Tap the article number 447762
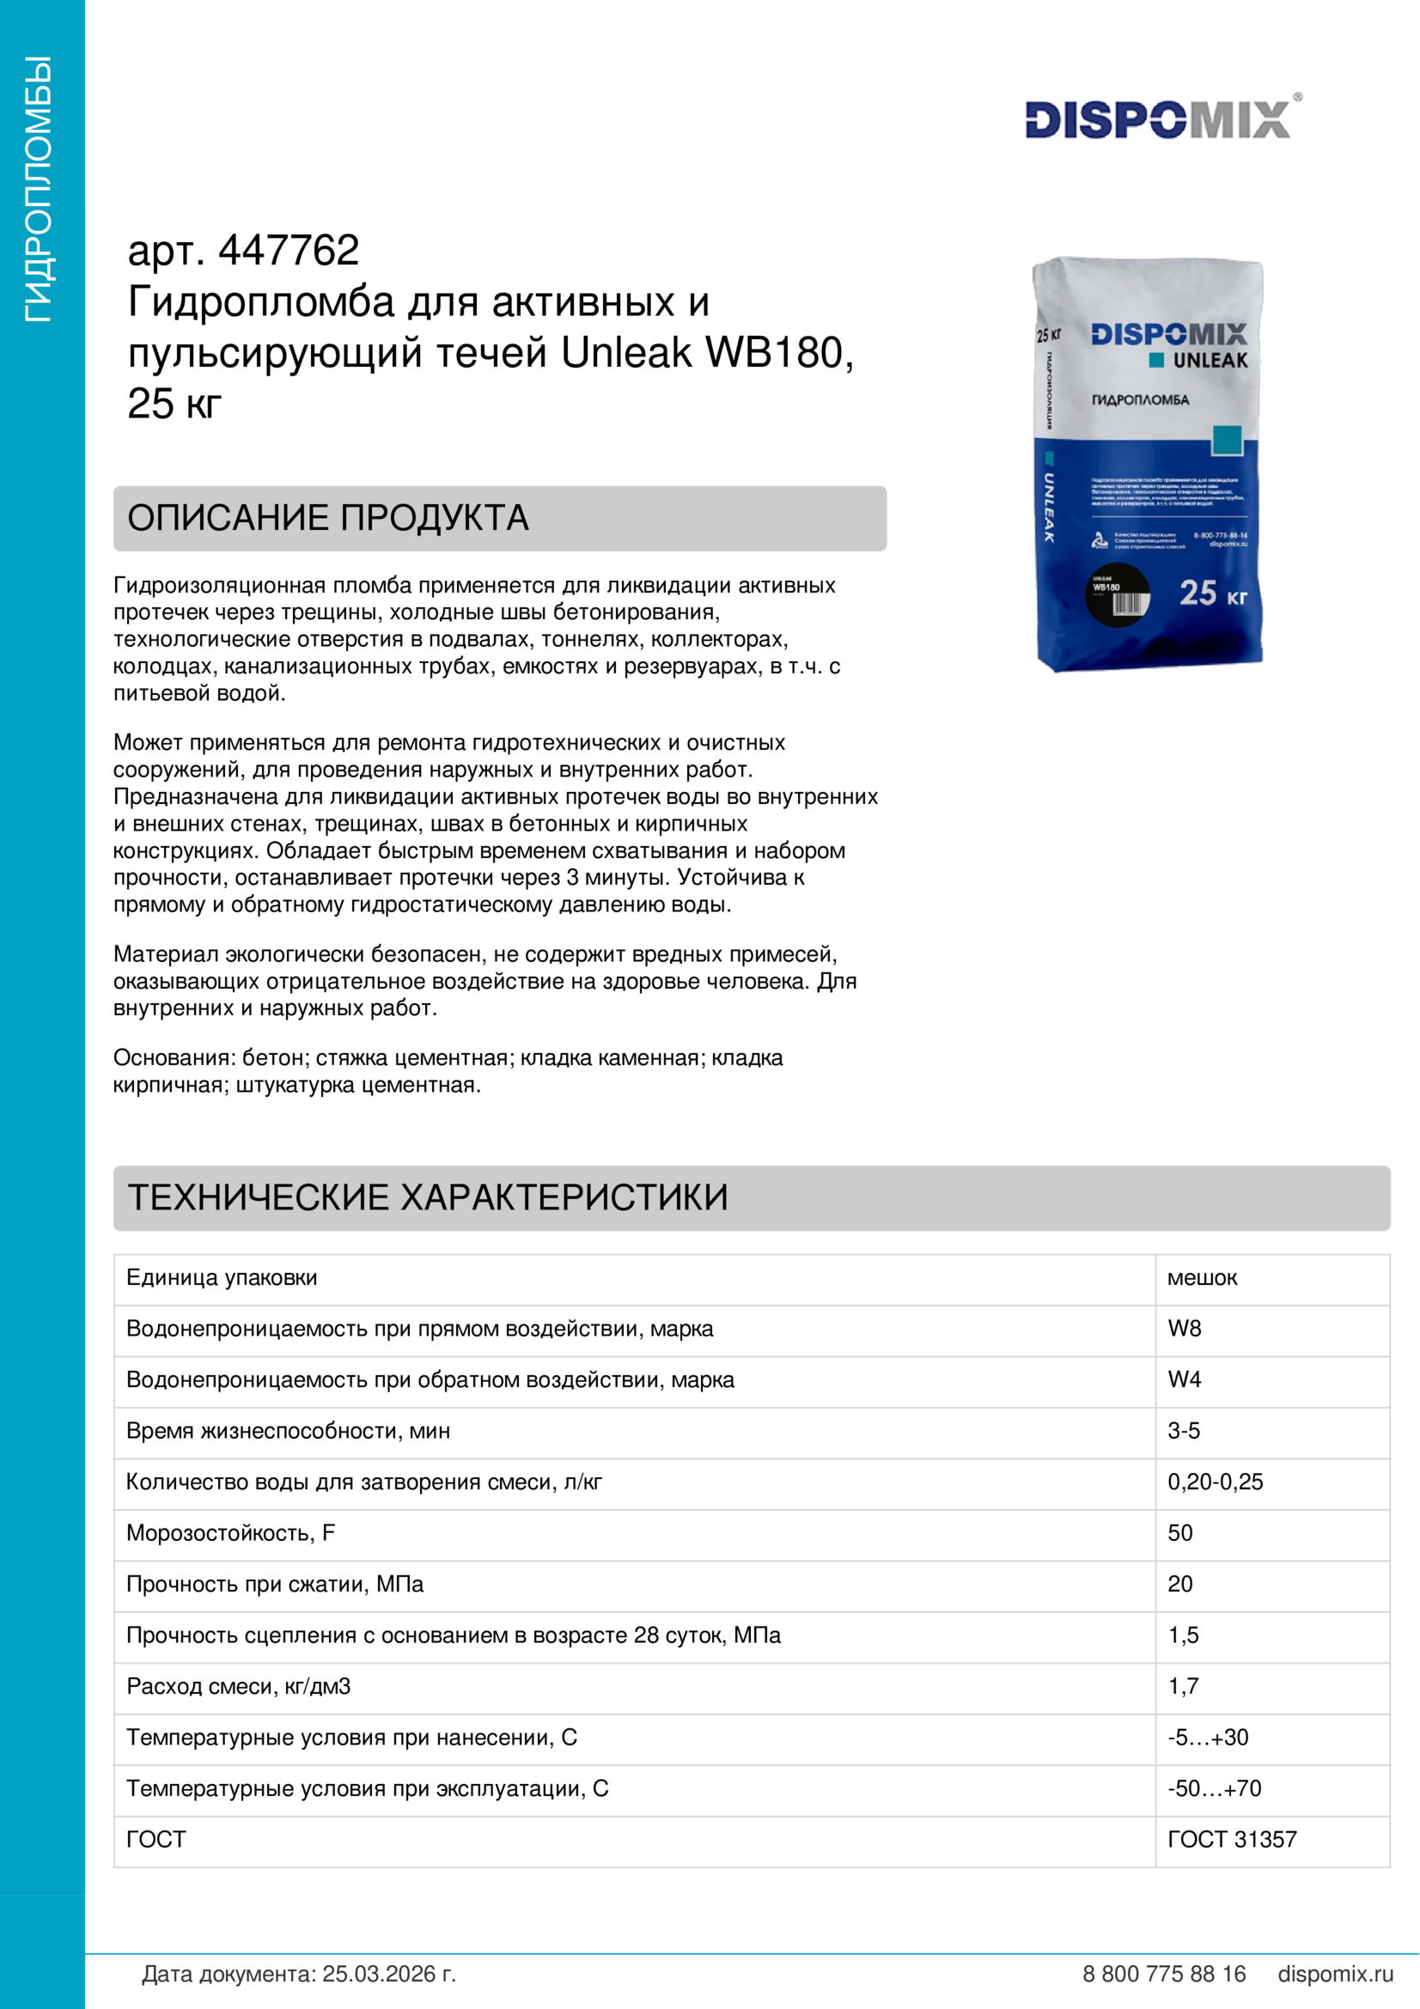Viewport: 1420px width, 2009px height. [x=289, y=251]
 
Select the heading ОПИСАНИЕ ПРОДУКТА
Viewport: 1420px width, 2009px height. [x=328, y=518]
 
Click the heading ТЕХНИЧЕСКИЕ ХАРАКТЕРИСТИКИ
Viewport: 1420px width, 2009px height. [x=428, y=1197]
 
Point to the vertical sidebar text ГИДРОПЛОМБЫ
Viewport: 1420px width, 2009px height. [x=39, y=189]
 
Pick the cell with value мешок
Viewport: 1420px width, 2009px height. [x=1201, y=1277]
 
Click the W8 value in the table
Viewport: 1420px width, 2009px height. [x=1184, y=1328]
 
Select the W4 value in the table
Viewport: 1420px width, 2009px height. [x=1184, y=1379]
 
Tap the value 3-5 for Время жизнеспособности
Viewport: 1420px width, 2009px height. [x=1183, y=1431]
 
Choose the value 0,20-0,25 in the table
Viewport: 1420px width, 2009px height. [x=1215, y=1482]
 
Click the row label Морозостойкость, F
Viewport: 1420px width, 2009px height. [x=231, y=1532]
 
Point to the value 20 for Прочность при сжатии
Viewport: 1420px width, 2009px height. [x=1179, y=1584]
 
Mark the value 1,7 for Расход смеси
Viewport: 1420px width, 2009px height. [x=1183, y=1686]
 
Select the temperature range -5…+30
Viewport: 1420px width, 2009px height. [x=1208, y=1737]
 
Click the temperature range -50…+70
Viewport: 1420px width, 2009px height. [x=1214, y=1787]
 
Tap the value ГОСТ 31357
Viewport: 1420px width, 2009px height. [x=1231, y=1839]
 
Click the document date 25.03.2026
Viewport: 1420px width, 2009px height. [x=388, y=1974]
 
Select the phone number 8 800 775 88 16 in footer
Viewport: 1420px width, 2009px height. [x=1164, y=1974]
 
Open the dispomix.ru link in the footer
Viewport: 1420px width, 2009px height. [x=1335, y=1974]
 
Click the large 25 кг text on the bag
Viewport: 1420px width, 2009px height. [x=1212, y=594]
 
